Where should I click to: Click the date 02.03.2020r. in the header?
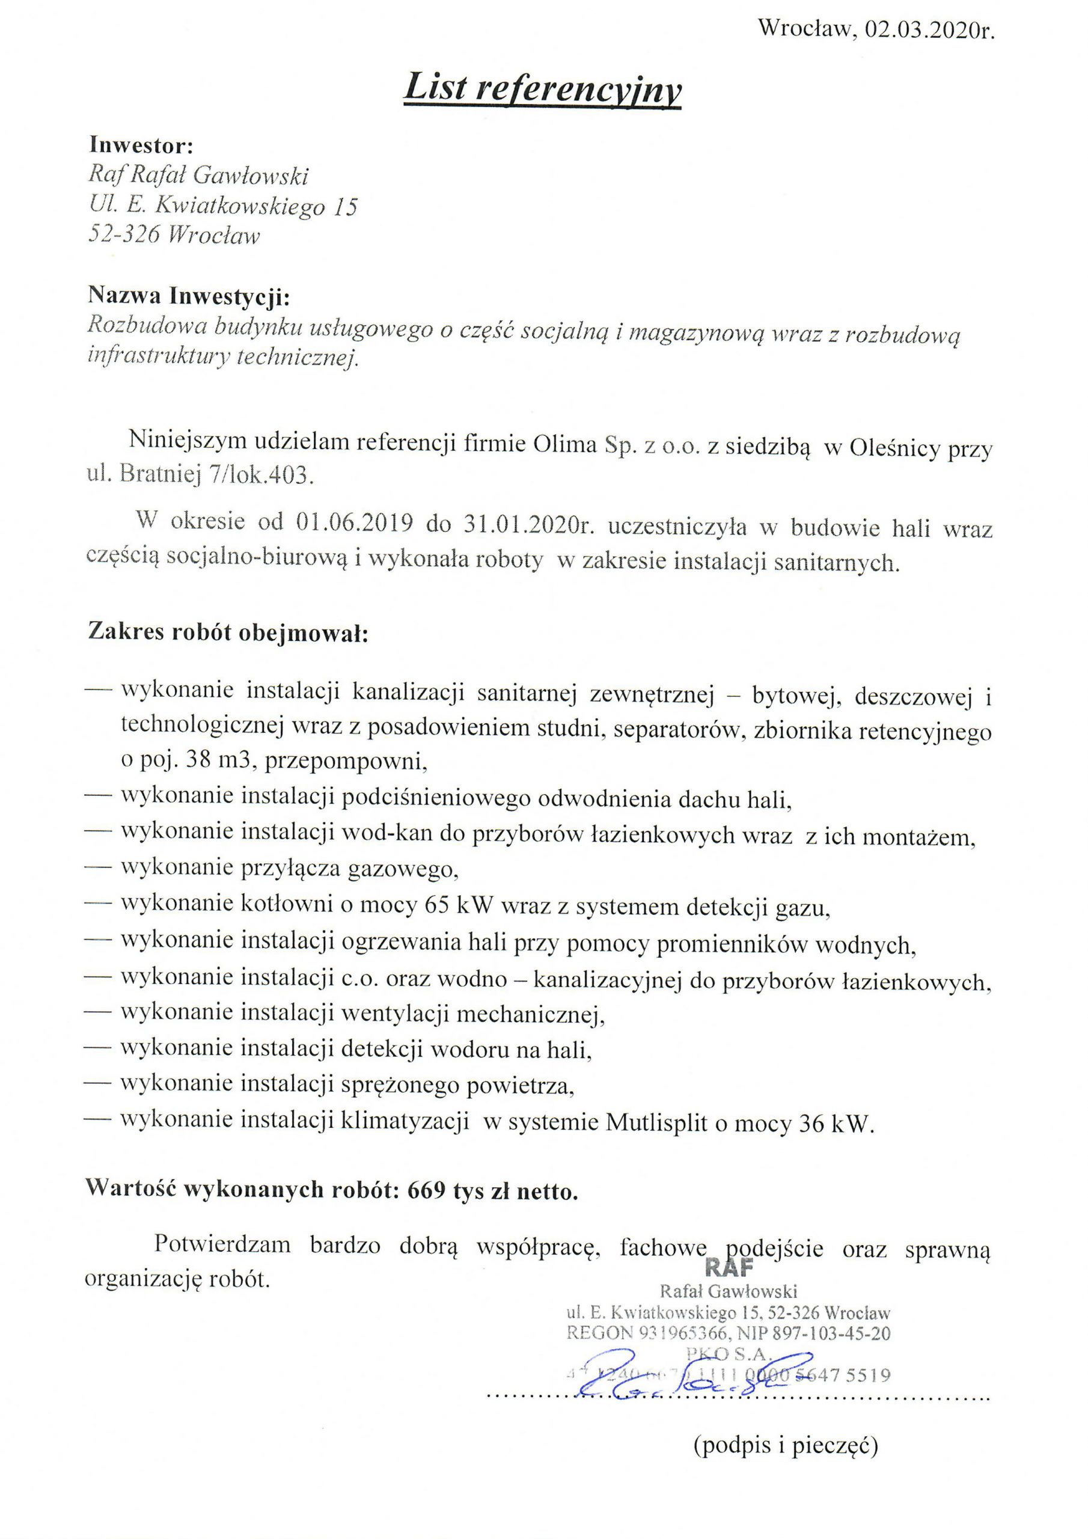click(x=929, y=30)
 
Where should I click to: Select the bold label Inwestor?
click(x=141, y=145)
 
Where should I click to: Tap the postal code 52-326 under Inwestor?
click(x=124, y=234)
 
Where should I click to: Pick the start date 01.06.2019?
click(x=354, y=523)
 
